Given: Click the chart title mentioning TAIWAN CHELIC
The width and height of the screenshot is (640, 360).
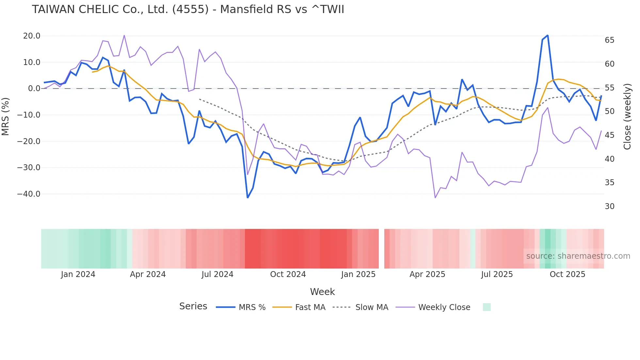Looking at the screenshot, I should click(x=188, y=9).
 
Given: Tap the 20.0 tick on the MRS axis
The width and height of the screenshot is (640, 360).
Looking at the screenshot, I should click(x=32, y=36).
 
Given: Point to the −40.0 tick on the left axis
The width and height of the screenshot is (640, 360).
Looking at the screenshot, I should click(x=29, y=194).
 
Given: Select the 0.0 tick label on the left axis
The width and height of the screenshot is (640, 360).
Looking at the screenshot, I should click(x=34, y=89).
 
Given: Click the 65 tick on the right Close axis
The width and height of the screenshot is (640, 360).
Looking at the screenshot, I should click(x=609, y=40).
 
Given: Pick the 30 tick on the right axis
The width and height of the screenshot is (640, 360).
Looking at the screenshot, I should click(x=609, y=206).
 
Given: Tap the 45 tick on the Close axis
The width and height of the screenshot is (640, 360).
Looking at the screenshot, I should click(x=609, y=135).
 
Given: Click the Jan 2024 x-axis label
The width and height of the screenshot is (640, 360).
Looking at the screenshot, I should click(x=78, y=274).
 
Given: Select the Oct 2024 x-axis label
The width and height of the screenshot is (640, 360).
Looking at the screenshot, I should click(x=288, y=274).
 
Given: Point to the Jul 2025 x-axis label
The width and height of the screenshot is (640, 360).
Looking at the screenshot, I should click(x=497, y=274).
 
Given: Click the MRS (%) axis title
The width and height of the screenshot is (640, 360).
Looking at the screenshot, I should click(x=5, y=117).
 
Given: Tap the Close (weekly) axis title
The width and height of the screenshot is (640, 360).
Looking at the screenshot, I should click(x=627, y=117).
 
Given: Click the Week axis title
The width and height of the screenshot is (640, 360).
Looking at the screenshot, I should click(x=322, y=292).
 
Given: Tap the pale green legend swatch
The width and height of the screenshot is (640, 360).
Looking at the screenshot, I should click(x=487, y=307).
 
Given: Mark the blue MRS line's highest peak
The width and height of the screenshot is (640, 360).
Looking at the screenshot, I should click(x=548, y=35).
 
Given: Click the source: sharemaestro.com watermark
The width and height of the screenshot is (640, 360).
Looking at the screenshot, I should click(x=578, y=256).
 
